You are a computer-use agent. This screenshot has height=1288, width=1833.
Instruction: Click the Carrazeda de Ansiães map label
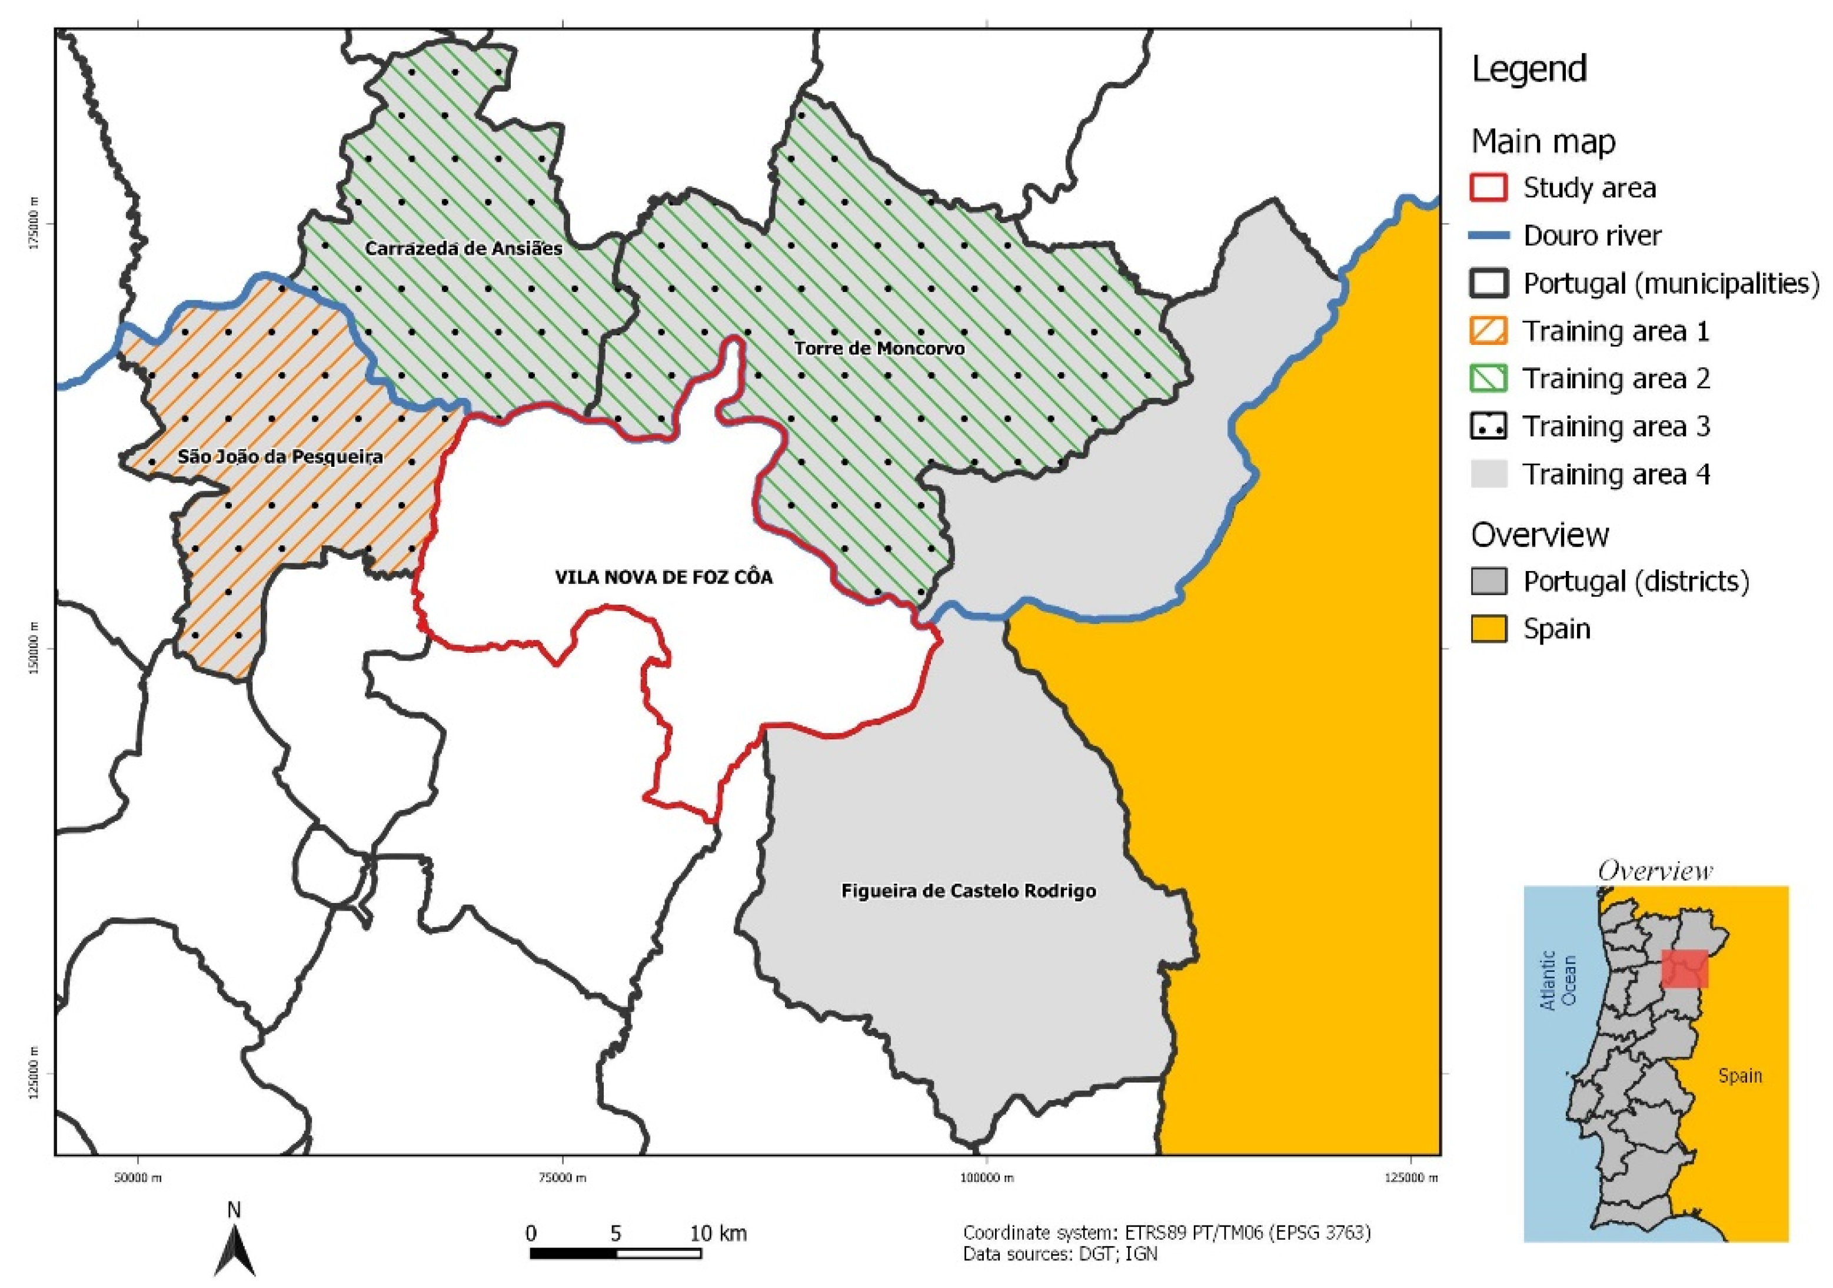464,248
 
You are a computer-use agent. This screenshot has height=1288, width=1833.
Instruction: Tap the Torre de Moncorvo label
879,348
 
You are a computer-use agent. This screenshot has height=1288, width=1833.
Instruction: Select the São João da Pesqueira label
280,457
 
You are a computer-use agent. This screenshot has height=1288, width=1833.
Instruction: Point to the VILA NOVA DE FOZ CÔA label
664,577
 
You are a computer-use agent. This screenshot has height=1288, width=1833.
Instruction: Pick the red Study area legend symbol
1488,188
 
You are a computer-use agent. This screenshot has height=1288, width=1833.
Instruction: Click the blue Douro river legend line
1488,235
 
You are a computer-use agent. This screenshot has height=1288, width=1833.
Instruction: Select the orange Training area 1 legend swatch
1488,331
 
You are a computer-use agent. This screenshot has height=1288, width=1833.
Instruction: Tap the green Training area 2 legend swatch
1488,379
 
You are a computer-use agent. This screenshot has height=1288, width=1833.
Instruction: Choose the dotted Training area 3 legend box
1488,426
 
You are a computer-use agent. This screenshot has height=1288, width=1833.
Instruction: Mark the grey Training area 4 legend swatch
1488,474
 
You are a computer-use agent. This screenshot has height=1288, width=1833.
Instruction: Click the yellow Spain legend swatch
1488,629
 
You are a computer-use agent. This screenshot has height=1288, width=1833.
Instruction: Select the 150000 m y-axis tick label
34,648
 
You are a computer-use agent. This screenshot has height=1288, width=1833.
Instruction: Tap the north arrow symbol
235,1250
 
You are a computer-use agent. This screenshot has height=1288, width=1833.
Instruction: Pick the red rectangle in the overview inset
1685,968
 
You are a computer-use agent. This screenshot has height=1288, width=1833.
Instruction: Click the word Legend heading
1529,69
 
